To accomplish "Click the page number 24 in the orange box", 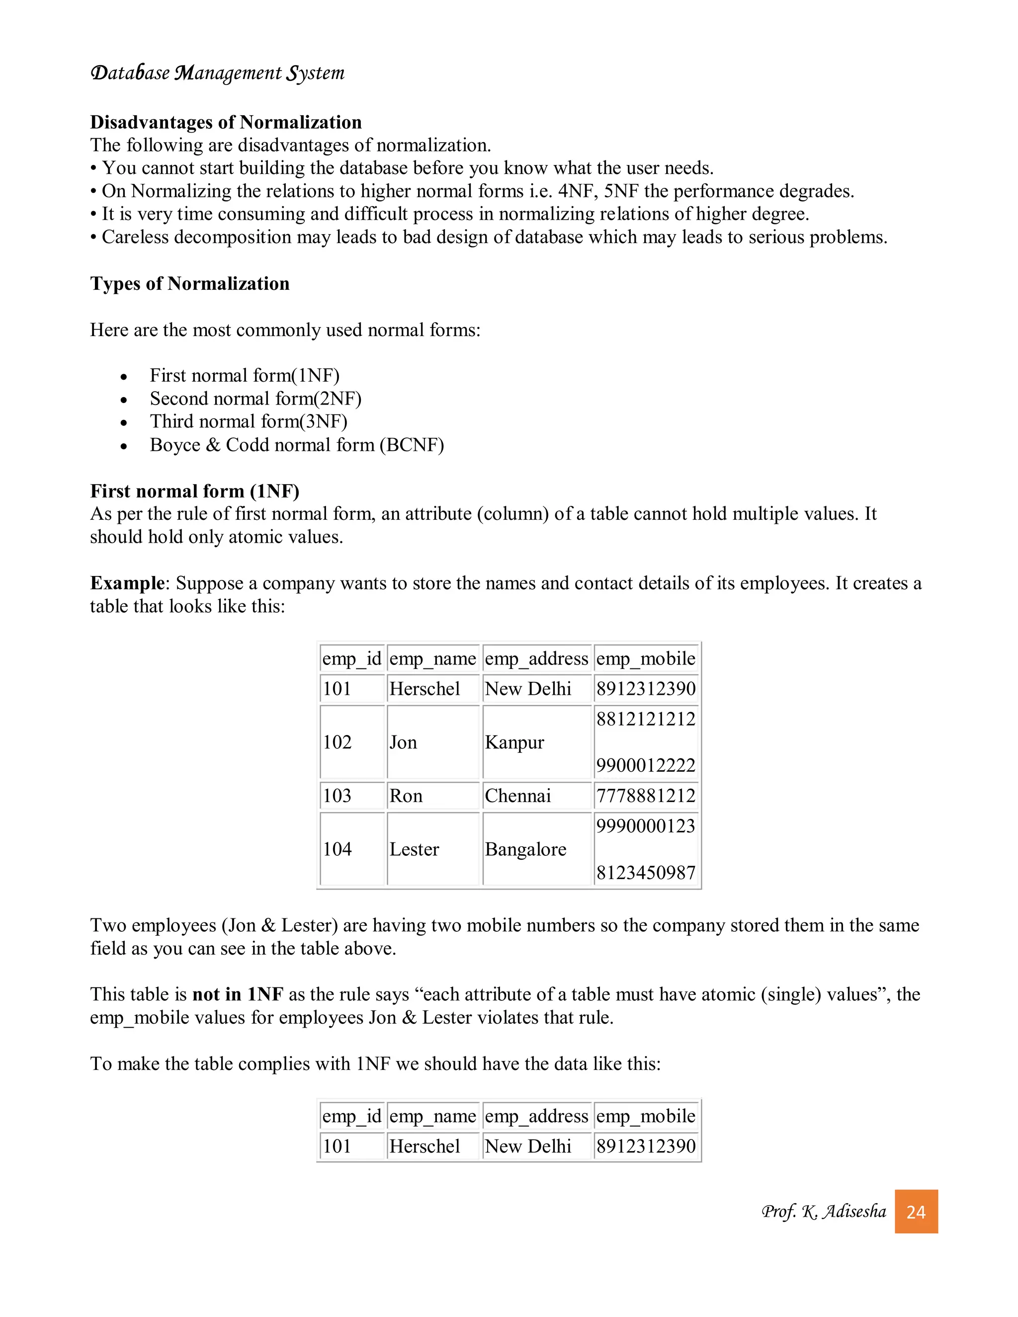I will click(916, 1212).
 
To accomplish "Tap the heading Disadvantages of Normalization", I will click(226, 122).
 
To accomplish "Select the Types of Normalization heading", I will click(189, 283).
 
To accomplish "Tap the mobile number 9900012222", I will click(645, 765).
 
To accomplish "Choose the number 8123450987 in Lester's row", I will click(645, 872).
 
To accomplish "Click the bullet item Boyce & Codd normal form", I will click(297, 445).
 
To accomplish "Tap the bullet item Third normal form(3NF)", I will click(249, 421).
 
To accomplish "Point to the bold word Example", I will click(127, 583).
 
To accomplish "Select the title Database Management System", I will click(217, 73).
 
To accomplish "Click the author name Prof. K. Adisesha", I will click(823, 1212).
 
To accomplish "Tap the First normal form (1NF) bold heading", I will click(194, 491).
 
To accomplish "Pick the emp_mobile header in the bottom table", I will click(645, 1116).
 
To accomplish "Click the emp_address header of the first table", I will click(536, 658).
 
